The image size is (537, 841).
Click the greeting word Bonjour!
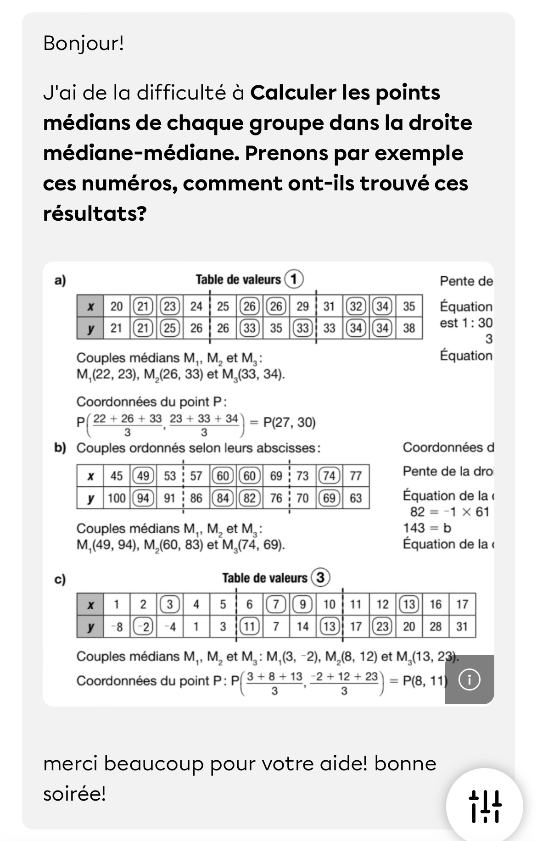coord(84,44)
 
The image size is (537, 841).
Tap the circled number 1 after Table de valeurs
coord(294,279)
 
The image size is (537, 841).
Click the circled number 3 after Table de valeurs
coord(320,577)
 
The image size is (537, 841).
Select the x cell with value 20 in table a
coord(117,306)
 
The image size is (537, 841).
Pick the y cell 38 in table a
coord(408,328)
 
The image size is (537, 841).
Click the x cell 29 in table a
coord(302,306)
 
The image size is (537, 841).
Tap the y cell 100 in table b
coord(117,498)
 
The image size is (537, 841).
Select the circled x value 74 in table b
coord(329,476)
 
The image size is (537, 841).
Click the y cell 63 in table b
coord(356,498)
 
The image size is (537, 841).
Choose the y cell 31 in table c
coord(462,626)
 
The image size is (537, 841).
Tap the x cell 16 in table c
coord(435,604)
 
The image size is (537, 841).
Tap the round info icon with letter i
coord(469,679)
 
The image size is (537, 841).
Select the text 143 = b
coord(427,528)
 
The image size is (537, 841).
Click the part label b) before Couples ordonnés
coord(60,448)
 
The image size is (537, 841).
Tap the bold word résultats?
coord(95,213)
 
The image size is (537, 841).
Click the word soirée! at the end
coord(74,794)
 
